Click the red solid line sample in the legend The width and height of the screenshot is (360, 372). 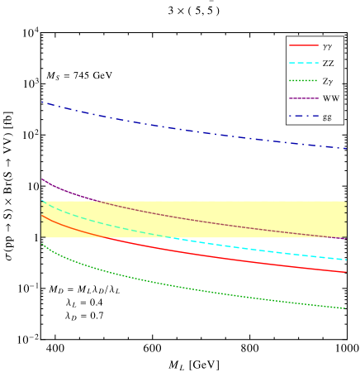(303, 45)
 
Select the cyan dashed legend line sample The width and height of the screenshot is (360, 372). (303, 63)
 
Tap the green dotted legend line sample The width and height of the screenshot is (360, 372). (303, 81)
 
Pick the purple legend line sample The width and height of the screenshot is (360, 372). (303, 98)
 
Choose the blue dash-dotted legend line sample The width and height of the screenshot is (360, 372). (303, 116)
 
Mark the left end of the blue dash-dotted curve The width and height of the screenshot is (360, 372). (41, 102)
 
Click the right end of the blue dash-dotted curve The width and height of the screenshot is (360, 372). (347, 149)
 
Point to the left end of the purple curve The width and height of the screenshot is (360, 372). (41, 178)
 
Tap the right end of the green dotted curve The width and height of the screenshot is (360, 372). (347, 309)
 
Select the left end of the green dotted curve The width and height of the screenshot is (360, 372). (41, 243)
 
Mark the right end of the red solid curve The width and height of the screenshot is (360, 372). (347, 272)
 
